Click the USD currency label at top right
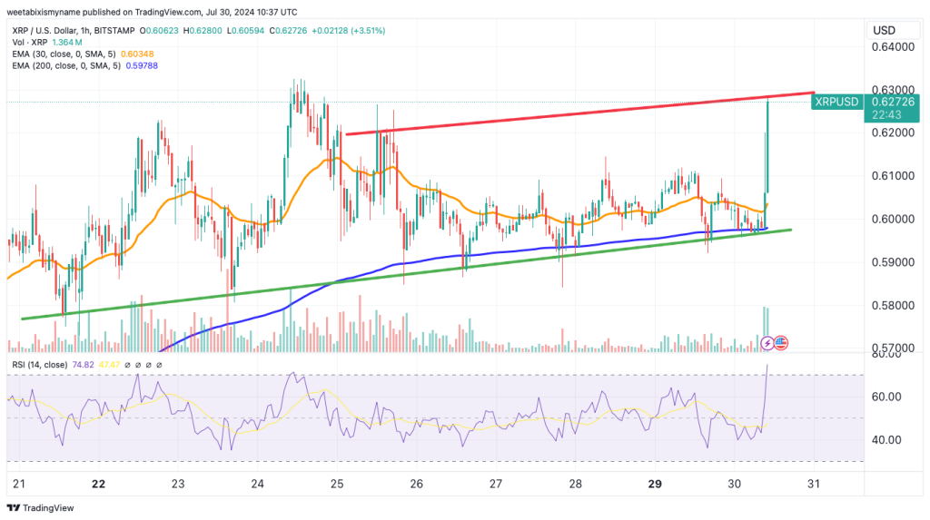[885, 30]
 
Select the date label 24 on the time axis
[258, 485]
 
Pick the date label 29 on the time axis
[654, 485]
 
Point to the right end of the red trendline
[813, 93]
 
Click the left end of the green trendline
[22, 319]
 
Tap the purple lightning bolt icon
[767, 343]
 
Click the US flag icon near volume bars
[781, 343]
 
